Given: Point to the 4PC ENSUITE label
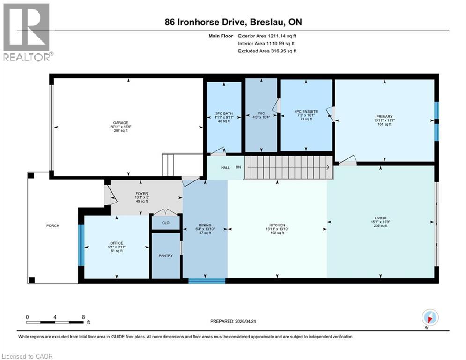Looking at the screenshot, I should (306, 112).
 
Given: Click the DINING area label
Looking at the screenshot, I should (206, 225).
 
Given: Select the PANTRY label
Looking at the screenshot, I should (165, 255).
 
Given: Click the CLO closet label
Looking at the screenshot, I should (165, 223).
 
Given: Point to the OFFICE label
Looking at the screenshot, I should (116, 243).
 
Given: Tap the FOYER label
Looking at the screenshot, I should (142, 193).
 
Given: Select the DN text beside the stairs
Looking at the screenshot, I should (238, 167).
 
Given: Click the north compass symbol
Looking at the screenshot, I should (429, 317).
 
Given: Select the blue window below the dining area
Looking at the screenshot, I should (207, 281).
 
